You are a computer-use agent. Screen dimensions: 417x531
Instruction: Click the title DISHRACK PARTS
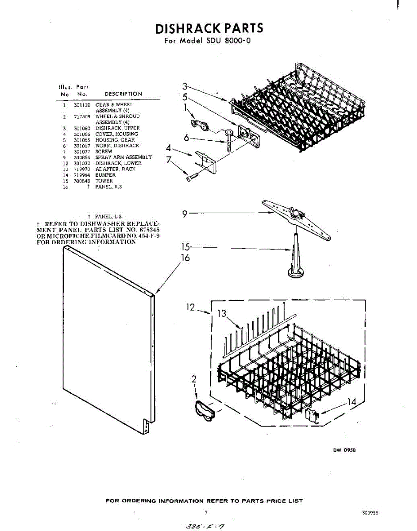pyautogui.click(x=209, y=28)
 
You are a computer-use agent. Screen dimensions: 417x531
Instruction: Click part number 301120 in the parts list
pyautogui.click(x=82, y=105)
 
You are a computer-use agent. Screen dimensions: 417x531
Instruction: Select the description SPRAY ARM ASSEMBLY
pyautogui.click(x=124, y=157)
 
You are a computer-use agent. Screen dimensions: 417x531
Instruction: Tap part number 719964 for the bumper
pyautogui.click(x=82, y=175)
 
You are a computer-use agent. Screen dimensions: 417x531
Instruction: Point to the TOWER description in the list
pyautogui.click(x=104, y=181)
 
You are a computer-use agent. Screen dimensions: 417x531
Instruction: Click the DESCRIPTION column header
pyautogui.click(x=123, y=94)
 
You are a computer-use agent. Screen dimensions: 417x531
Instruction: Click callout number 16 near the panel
pyautogui.click(x=185, y=257)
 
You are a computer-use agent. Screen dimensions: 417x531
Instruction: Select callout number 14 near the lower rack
pyautogui.click(x=351, y=402)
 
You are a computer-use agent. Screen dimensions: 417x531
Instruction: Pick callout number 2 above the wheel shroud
pyautogui.click(x=194, y=379)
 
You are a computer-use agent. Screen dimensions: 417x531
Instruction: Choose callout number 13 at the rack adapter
pyautogui.click(x=222, y=314)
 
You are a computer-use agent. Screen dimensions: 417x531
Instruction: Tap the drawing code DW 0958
pyautogui.click(x=344, y=450)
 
